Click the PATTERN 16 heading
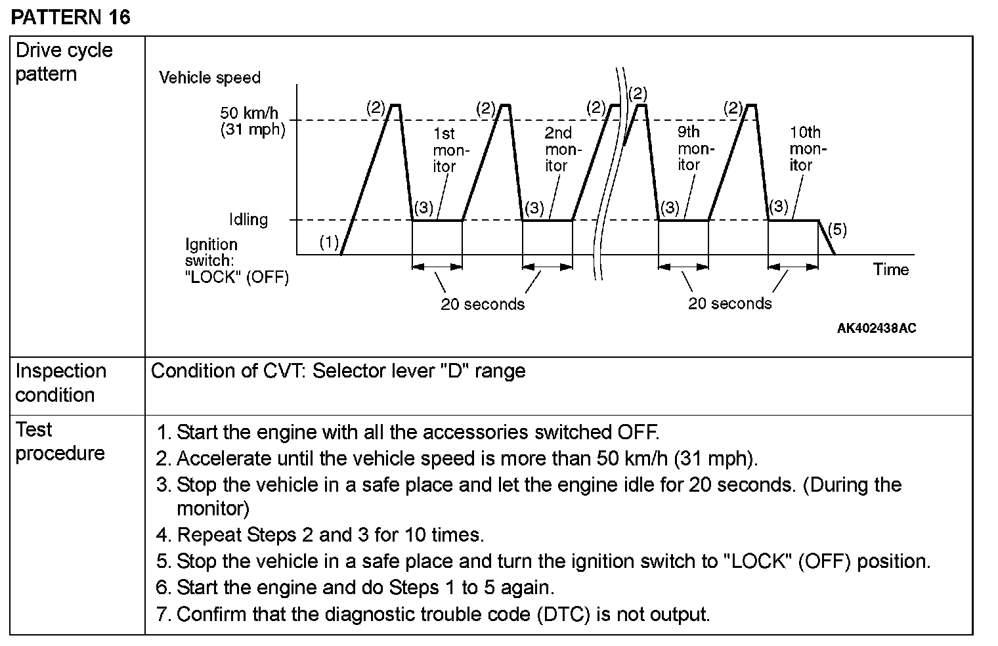[x=71, y=16]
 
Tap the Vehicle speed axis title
[x=209, y=78]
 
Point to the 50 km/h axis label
[x=249, y=113]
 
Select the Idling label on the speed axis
[x=248, y=219]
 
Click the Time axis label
[x=891, y=269]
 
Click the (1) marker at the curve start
[x=329, y=242]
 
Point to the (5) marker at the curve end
[x=837, y=230]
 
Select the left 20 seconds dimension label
[x=483, y=305]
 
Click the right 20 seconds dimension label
[x=730, y=304]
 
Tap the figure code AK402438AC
[x=876, y=328]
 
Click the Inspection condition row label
[x=60, y=383]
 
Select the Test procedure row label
[x=60, y=441]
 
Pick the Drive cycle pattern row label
[x=64, y=62]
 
